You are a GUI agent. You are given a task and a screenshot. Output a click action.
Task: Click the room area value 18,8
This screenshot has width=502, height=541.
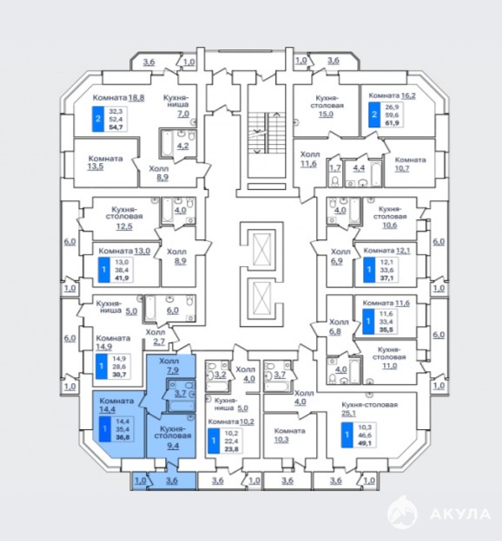136,98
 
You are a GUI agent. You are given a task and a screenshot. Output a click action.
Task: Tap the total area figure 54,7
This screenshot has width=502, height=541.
116,127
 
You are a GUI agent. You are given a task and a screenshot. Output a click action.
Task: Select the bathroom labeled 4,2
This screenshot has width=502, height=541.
178,145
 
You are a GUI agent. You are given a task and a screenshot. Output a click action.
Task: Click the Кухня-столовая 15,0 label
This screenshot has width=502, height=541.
327,105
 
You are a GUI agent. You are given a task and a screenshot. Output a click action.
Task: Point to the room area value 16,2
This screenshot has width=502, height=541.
408,95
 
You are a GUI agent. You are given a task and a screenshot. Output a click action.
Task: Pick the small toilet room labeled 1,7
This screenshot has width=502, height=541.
334,173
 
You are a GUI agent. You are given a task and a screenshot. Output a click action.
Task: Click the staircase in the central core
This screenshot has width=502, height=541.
267,133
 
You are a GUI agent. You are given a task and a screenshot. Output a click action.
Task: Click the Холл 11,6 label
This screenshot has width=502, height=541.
309,159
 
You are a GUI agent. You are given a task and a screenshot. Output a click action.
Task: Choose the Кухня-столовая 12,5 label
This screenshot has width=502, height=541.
124,218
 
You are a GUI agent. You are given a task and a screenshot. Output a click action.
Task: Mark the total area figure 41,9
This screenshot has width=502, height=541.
121,277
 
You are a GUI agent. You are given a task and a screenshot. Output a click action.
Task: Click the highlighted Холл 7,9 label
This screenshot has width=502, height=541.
169,366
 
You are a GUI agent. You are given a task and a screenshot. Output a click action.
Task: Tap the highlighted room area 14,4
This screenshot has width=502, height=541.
107,409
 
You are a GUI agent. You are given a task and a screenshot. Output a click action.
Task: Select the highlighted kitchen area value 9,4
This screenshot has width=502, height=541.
173,446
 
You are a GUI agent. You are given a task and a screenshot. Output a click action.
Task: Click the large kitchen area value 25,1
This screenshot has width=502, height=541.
348,413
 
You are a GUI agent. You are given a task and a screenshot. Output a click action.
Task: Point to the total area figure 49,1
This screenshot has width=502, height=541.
365,443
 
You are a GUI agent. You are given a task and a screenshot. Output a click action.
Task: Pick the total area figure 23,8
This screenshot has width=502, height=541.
231,449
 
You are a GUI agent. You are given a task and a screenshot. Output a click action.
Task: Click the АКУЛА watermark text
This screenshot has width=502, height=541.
460,514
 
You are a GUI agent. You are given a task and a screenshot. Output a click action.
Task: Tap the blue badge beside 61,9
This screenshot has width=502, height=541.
374,114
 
